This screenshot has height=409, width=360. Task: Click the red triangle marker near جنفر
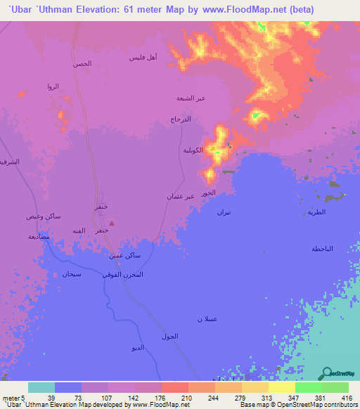click(114, 223)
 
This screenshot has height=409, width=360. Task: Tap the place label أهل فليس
click(143, 57)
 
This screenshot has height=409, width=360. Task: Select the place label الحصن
click(82, 64)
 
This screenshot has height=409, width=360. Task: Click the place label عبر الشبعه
click(191, 98)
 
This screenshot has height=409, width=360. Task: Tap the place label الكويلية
click(193, 150)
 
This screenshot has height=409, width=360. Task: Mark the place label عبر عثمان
click(180, 197)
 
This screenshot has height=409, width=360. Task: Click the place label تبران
click(223, 212)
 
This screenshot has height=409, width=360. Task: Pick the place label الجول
click(170, 337)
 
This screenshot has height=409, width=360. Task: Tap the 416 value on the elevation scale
click(345, 397)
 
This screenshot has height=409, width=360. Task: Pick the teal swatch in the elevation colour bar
click(41, 387)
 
